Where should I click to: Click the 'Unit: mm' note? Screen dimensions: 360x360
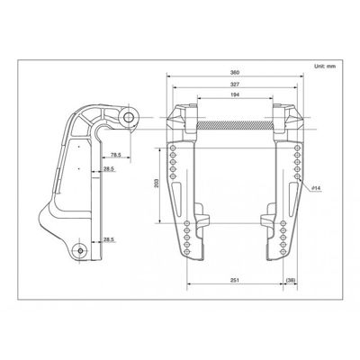click(x=325, y=66)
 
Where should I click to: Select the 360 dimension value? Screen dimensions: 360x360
click(x=235, y=72)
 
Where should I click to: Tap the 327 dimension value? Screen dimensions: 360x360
click(x=235, y=85)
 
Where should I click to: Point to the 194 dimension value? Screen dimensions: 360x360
click(x=235, y=94)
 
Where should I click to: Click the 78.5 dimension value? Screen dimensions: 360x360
click(x=116, y=155)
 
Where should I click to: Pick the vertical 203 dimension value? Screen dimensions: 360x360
click(x=156, y=183)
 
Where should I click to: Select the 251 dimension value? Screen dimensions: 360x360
click(x=235, y=280)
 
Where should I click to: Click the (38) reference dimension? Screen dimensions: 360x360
click(x=291, y=280)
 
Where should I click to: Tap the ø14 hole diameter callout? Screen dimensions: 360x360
click(x=316, y=188)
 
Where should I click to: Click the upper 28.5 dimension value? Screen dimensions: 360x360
click(x=109, y=169)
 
